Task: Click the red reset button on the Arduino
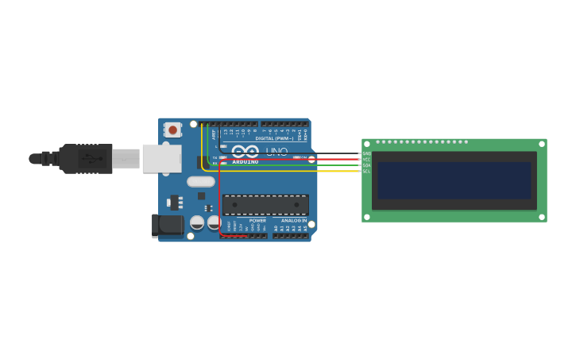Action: pos(172,130)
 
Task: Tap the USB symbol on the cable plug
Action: pos(93,159)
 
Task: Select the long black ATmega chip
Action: pos(265,205)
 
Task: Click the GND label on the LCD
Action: pos(366,153)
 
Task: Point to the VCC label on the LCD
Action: pos(366,159)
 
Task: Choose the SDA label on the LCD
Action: pos(366,165)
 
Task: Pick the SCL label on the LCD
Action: pos(366,171)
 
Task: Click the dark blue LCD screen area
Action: pos(454,180)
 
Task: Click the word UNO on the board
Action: pos(276,151)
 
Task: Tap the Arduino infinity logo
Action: pos(245,150)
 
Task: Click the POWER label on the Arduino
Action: pos(257,220)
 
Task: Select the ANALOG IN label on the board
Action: pos(293,220)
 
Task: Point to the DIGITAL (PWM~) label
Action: pos(274,138)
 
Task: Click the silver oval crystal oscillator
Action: pos(201,181)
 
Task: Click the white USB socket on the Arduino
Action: pos(161,158)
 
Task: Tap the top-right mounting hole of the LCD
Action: pos(542,144)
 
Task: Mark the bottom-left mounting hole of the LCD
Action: pos(367,217)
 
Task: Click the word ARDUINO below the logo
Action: pos(245,161)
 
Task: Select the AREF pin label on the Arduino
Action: pos(214,134)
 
